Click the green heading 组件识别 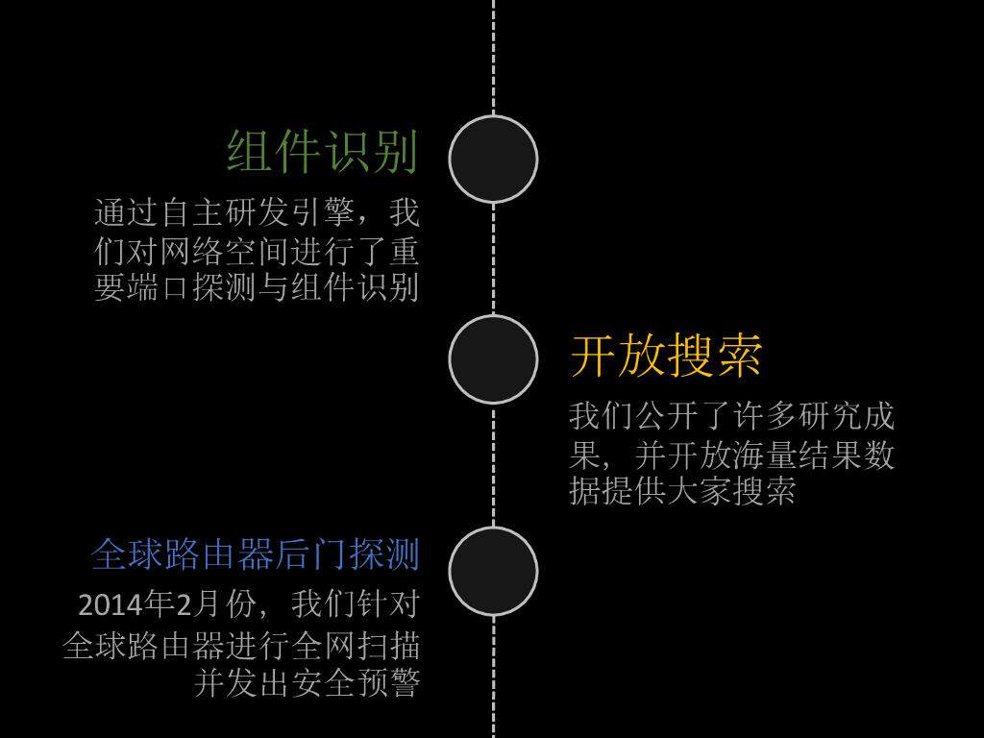coord(323,152)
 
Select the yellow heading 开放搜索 coord(667,356)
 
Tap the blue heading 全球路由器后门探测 coord(256,554)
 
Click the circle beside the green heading coord(493,160)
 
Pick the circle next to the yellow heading coord(493,359)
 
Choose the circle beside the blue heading coord(493,571)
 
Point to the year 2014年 coord(126,604)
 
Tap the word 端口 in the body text coord(159,287)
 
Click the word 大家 coord(700,491)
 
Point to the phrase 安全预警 coord(357,683)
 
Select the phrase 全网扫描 coord(357,645)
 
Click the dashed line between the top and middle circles coord(493,259)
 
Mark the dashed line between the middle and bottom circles coord(493,465)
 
